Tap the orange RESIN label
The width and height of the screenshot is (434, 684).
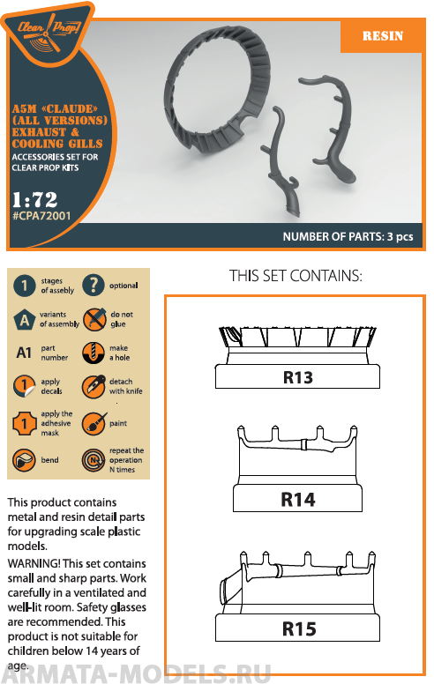(383, 36)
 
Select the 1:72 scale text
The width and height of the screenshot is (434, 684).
(35, 200)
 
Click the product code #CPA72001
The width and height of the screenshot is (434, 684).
(41, 215)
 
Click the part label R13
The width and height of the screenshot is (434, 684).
(298, 377)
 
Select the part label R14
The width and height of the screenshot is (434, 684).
(298, 500)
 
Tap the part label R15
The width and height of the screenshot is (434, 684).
(299, 628)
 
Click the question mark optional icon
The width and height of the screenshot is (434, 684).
(94, 286)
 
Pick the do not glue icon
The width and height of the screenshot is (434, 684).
(94, 319)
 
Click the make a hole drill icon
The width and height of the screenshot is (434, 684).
(93, 353)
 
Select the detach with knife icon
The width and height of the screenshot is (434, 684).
(94, 386)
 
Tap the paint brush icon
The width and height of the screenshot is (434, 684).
(94, 423)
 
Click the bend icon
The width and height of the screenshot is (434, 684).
(24, 460)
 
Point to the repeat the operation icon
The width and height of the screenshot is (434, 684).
(94, 460)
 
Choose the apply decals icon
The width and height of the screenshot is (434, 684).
(24, 386)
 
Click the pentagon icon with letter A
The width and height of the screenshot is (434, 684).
(25, 320)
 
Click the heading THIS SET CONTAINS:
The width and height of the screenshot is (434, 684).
(296, 276)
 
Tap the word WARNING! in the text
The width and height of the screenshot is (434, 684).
(34, 563)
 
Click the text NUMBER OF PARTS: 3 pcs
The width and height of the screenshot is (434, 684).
(348, 236)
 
